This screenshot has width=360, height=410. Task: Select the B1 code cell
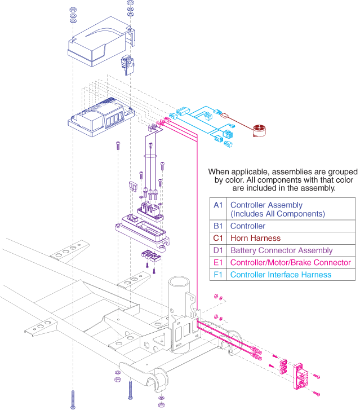[218, 227]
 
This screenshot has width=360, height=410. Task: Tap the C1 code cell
[218, 239]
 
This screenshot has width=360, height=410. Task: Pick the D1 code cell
[218, 250]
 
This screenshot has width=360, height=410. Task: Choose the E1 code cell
[218, 263]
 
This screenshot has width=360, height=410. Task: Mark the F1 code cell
[218, 275]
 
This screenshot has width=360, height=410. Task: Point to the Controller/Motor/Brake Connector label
[290, 263]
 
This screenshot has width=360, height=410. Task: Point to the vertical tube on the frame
[183, 293]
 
